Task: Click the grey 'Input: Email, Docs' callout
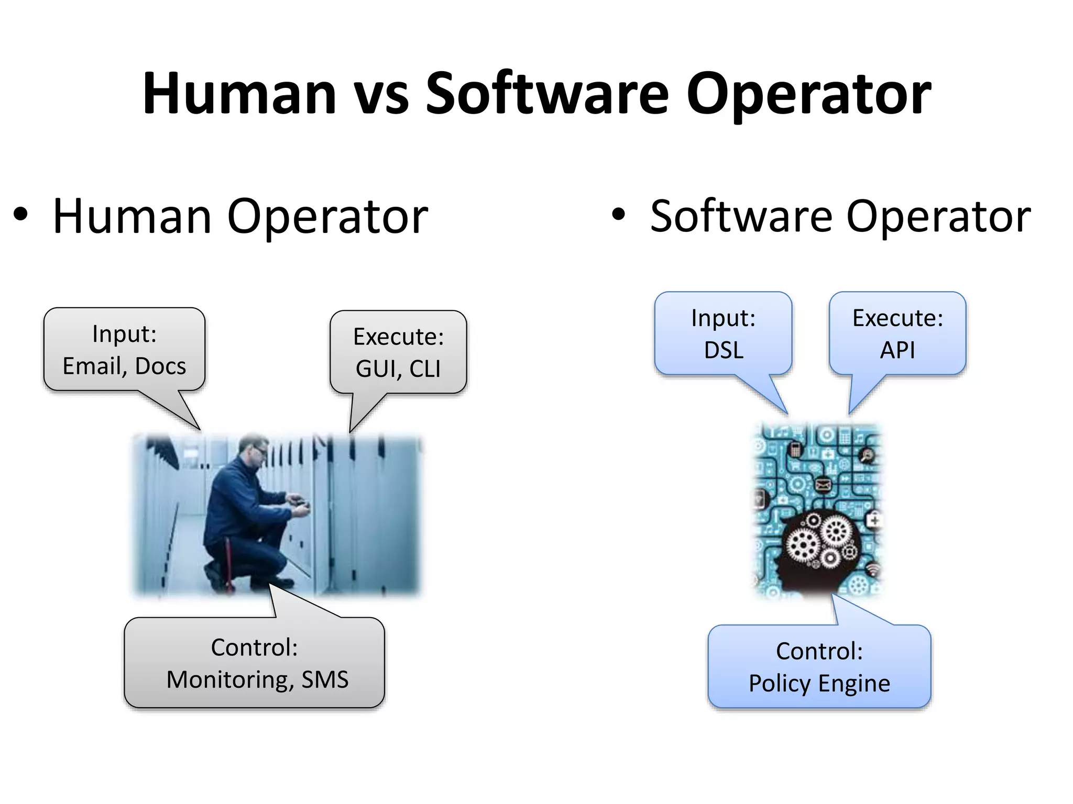click(124, 349)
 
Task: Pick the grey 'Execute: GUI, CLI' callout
click(398, 352)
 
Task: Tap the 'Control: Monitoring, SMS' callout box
click(255, 663)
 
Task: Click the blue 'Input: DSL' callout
click(723, 333)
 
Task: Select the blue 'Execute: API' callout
click(897, 333)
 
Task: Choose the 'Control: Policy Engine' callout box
click(819, 666)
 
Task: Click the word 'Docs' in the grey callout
click(160, 366)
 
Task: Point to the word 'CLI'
click(424, 368)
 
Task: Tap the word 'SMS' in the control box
click(325, 679)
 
